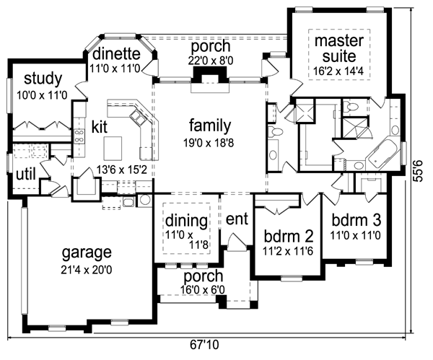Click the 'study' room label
point(43,79)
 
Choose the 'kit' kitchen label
point(100,126)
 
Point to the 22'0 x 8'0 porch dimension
point(206,62)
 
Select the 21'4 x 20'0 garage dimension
point(87,268)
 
